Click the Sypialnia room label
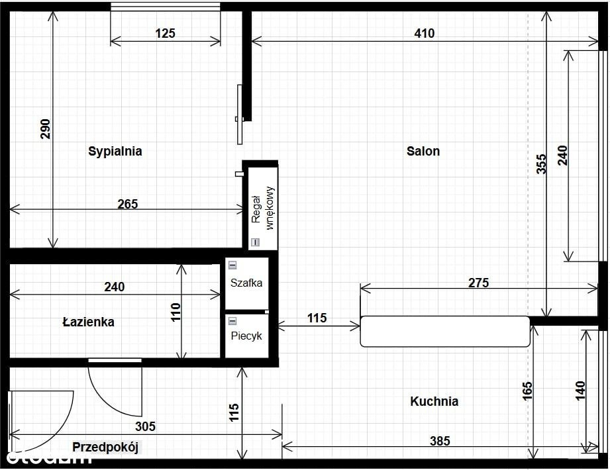pyautogui.click(x=115, y=151)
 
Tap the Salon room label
pyautogui.click(x=423, y=151)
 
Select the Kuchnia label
pyautogui.click(x=434, y=401)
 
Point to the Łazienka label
pyautogui.click(x=89, y=322)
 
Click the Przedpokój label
pyautogui.click(x=105, y=447)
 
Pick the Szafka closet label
pyautogui.click(x=246, y=283)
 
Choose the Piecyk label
pyautogui.click(x=246, y=336)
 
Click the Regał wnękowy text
pyautogui.click(x=262, y=209)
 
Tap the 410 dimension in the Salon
pyautogui.click(x=425, y=34)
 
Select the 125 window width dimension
pyautogui.click(x=166, y=34)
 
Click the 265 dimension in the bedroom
pyautogui.click(x=128, y=204)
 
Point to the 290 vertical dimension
pyautogui.click(x=46, y=129)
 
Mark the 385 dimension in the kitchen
pyautogui.click(x=440, y=441)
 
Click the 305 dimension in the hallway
pyautogui.click(x=145, y=426)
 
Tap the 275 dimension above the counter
pyautogui.click(x=478, y=283)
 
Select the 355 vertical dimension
pyautogui.click(x=541, y=164)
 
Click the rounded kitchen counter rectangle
pyautogui.click(x=445, y=331)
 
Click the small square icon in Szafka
pyautogui.click(x=232, y=265)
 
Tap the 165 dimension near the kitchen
pyautogui.click(x=527, y=391)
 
